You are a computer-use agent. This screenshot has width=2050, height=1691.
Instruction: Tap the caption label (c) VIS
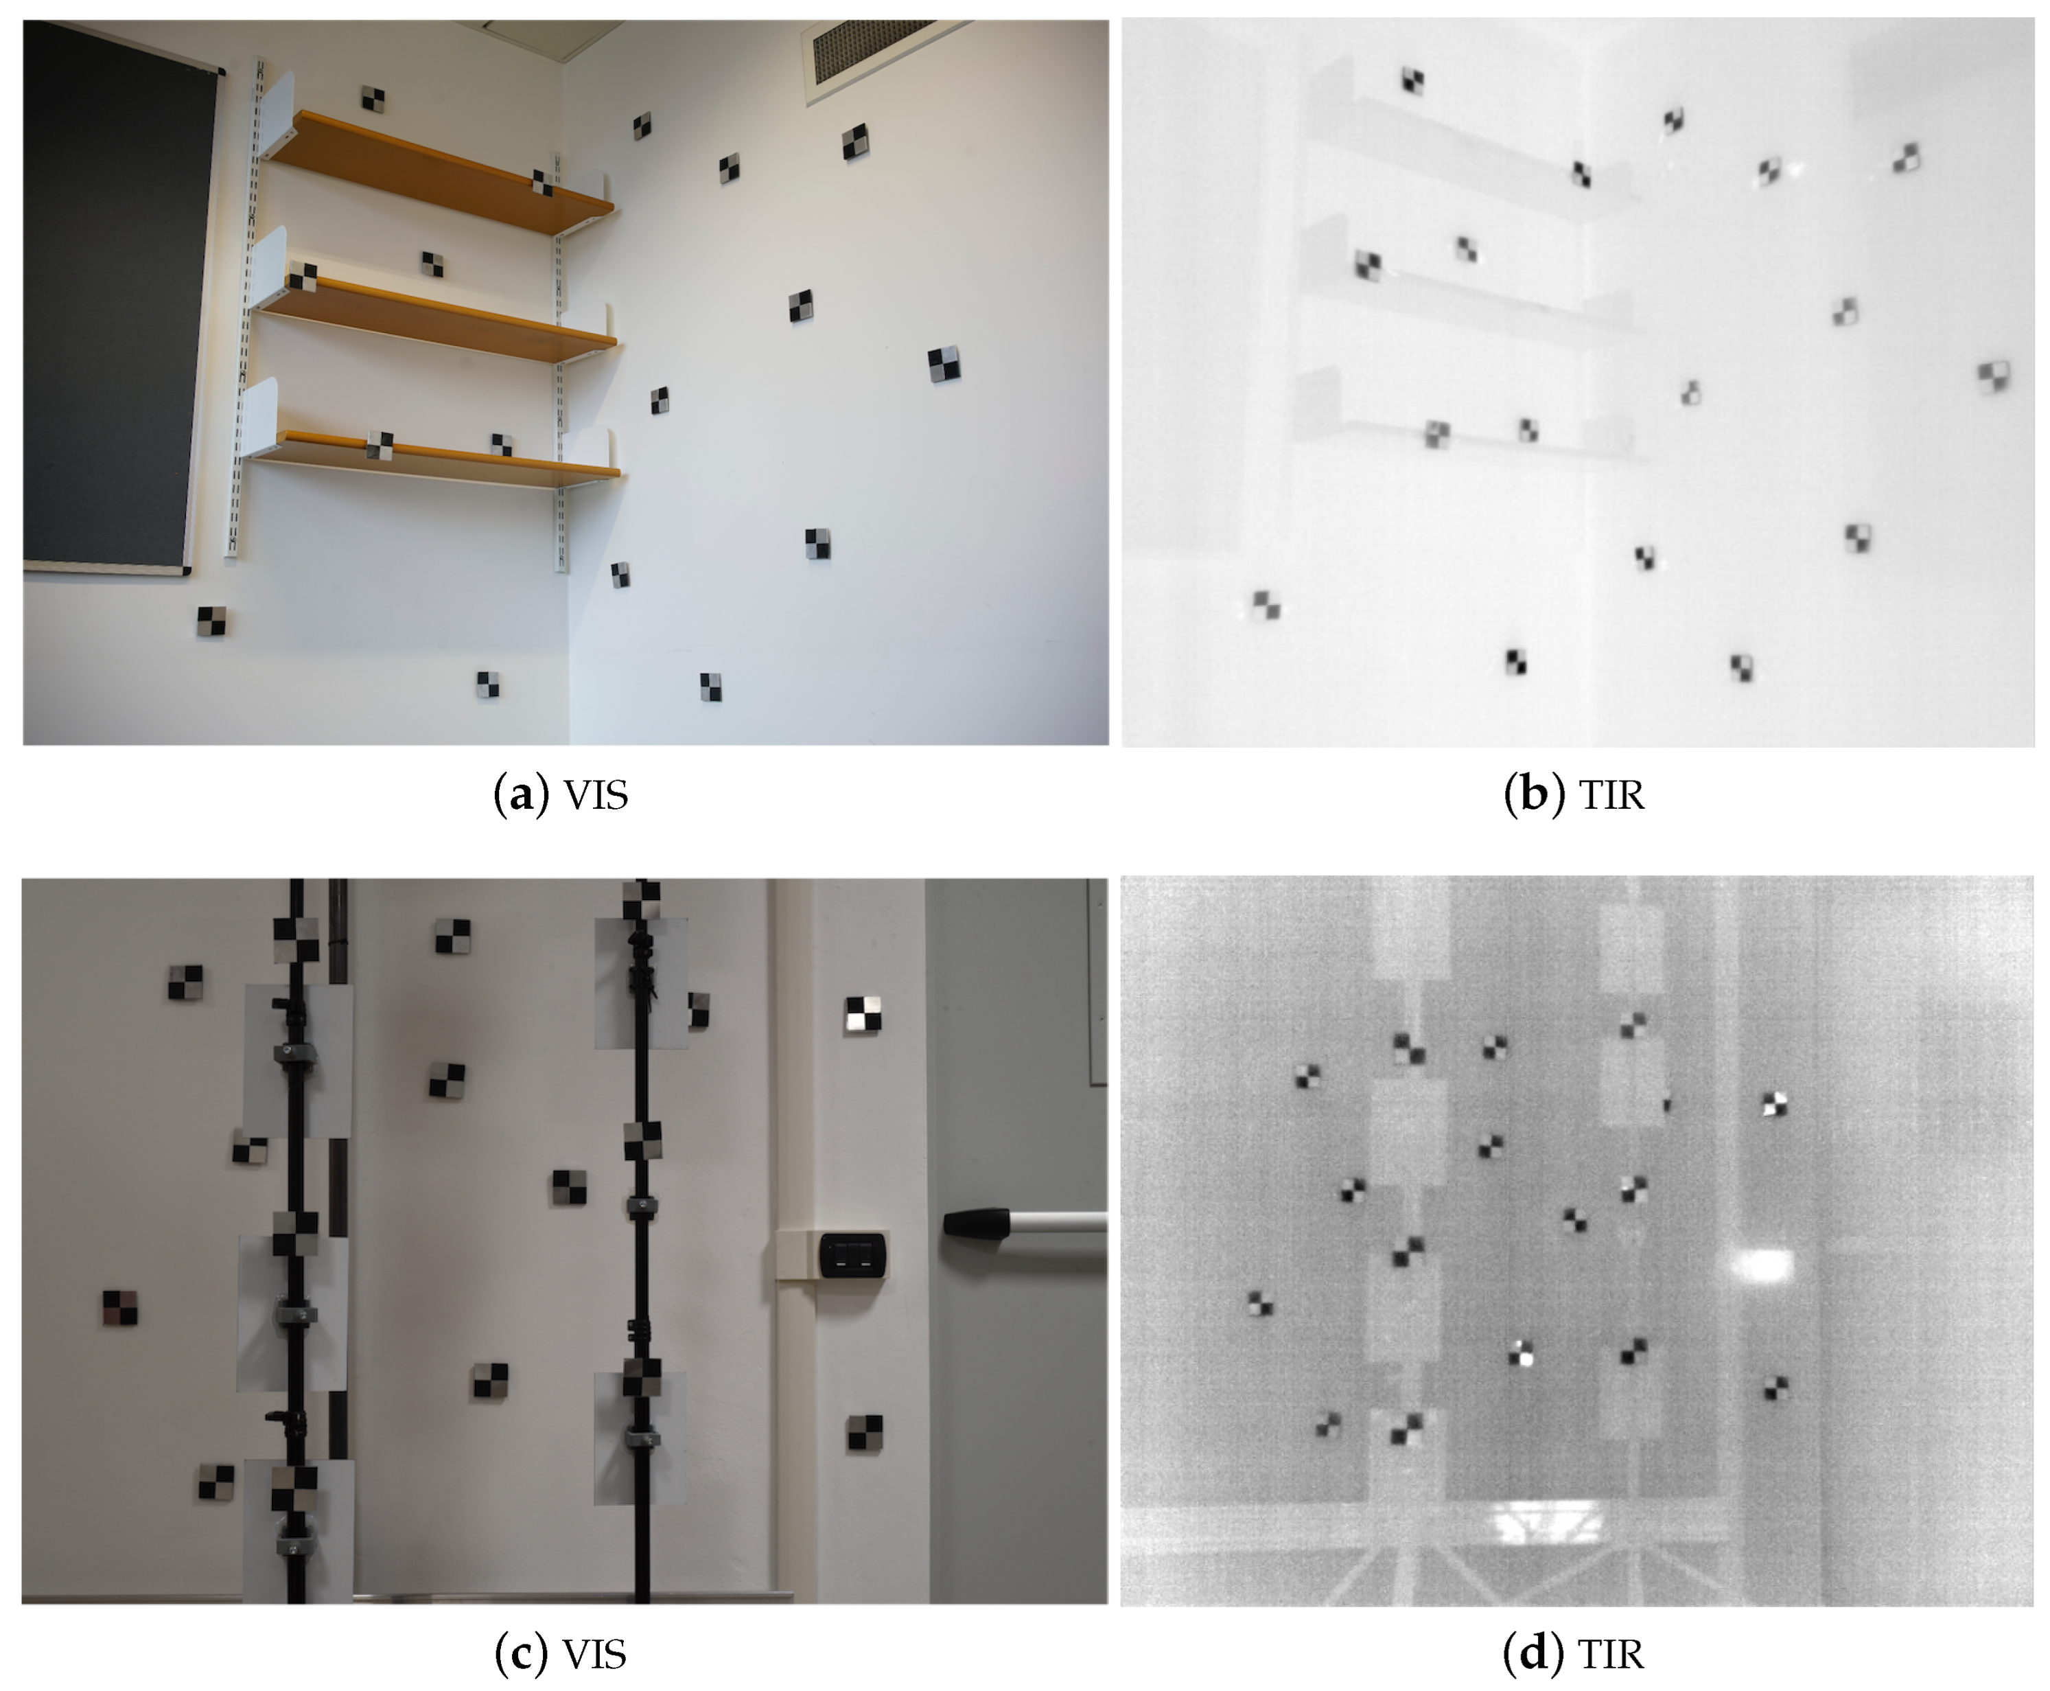pos(561,1653)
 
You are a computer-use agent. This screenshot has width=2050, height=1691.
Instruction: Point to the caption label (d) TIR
pos(1574,1653)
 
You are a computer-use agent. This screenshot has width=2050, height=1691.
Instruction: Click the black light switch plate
pos(852,1254)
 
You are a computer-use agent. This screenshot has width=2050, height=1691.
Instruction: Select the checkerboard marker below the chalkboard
pos(211,621)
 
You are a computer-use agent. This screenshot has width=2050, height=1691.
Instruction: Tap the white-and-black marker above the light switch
pos(863,1013)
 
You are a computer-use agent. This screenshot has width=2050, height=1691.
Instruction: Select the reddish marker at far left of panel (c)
pos(121,1308)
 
